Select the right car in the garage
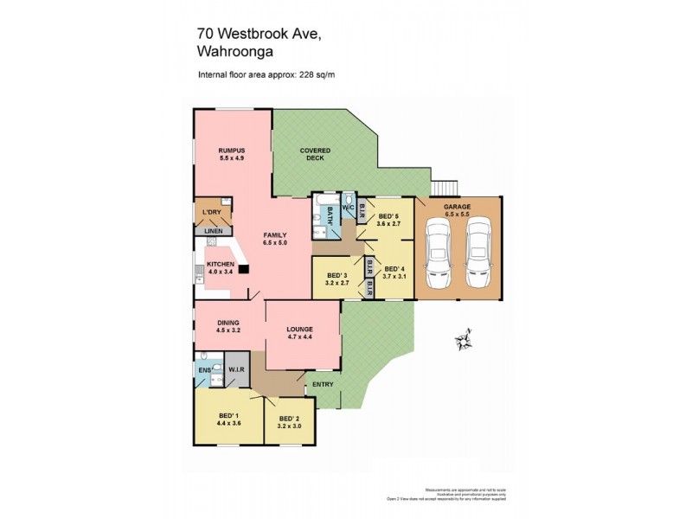tap(477, 253)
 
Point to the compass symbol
tap(462, 339)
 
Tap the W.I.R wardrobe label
tap(238, 370)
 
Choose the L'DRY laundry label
tap(211, 213)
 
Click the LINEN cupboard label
tap(212, 231)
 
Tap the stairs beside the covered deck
tap(444, 187)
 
